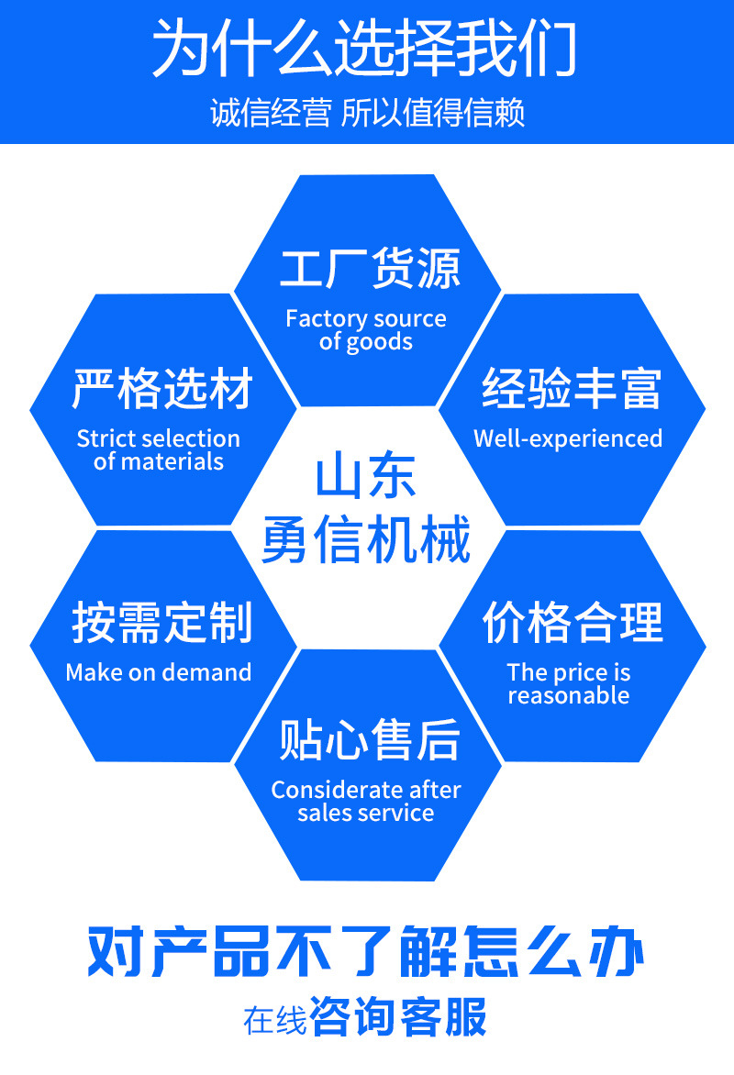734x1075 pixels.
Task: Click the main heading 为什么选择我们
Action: (365, 48)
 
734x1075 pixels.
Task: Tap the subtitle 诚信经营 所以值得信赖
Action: (367, 114)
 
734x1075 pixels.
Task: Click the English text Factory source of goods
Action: (366, 330)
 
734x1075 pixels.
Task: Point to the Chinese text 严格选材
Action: (163, 389)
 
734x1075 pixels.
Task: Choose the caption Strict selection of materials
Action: (159, 449)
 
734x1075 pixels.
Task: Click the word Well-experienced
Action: (568, 438)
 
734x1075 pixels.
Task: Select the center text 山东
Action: (366, 479)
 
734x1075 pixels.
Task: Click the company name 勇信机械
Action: (366, 539)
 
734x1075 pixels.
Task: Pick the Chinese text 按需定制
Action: (162, 624)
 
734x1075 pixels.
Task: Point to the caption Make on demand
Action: (159, 672)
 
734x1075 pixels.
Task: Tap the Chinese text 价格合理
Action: (573, 624)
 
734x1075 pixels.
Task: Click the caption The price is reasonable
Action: (569, 683)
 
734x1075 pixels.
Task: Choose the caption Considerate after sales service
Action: (366, 801)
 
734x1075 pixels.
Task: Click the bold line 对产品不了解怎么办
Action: (366, 954)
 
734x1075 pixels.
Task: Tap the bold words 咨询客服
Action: (399, 1017)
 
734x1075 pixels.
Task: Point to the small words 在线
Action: (274, 1020)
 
